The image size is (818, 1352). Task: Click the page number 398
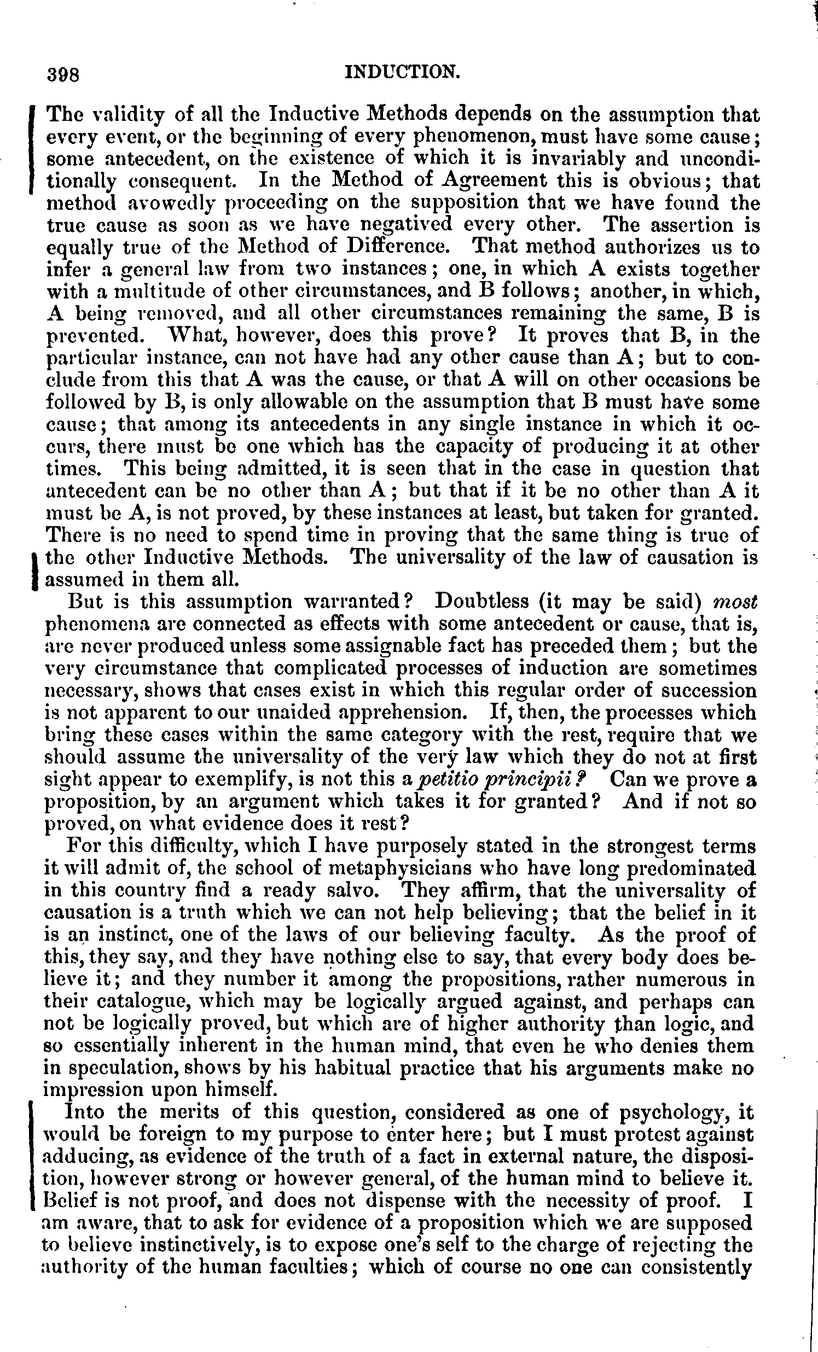[x=64, y=74]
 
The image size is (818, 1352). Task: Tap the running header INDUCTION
[x=402, y=72]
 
